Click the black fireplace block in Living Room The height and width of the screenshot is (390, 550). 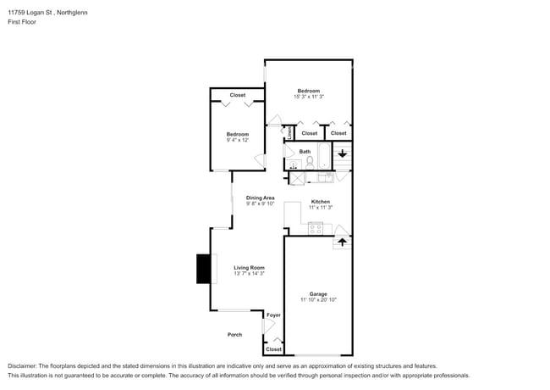[204, 269]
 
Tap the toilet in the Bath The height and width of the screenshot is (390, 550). [310, 161]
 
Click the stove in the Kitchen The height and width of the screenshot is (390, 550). [315, 227]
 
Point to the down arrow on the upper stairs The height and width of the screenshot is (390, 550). [342, 153]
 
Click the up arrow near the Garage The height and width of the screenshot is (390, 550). [342, 242]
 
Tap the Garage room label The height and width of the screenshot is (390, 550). [318, 294]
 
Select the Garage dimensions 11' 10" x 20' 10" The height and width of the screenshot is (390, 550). [318, 300]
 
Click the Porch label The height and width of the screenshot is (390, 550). [234, 335]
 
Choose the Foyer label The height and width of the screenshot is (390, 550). [273, 315]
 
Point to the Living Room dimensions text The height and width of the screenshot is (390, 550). [249, 274]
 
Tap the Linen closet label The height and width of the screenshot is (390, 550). [289, 133]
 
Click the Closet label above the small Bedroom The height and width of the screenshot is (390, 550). [238, 95]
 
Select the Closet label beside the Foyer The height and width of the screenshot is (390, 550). [273, 349]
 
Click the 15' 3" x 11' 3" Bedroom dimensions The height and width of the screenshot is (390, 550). [308, 97]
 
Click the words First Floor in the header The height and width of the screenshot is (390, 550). [23, 22]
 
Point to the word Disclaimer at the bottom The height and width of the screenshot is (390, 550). [25, 366]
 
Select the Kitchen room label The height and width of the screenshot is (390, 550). [320, 201]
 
